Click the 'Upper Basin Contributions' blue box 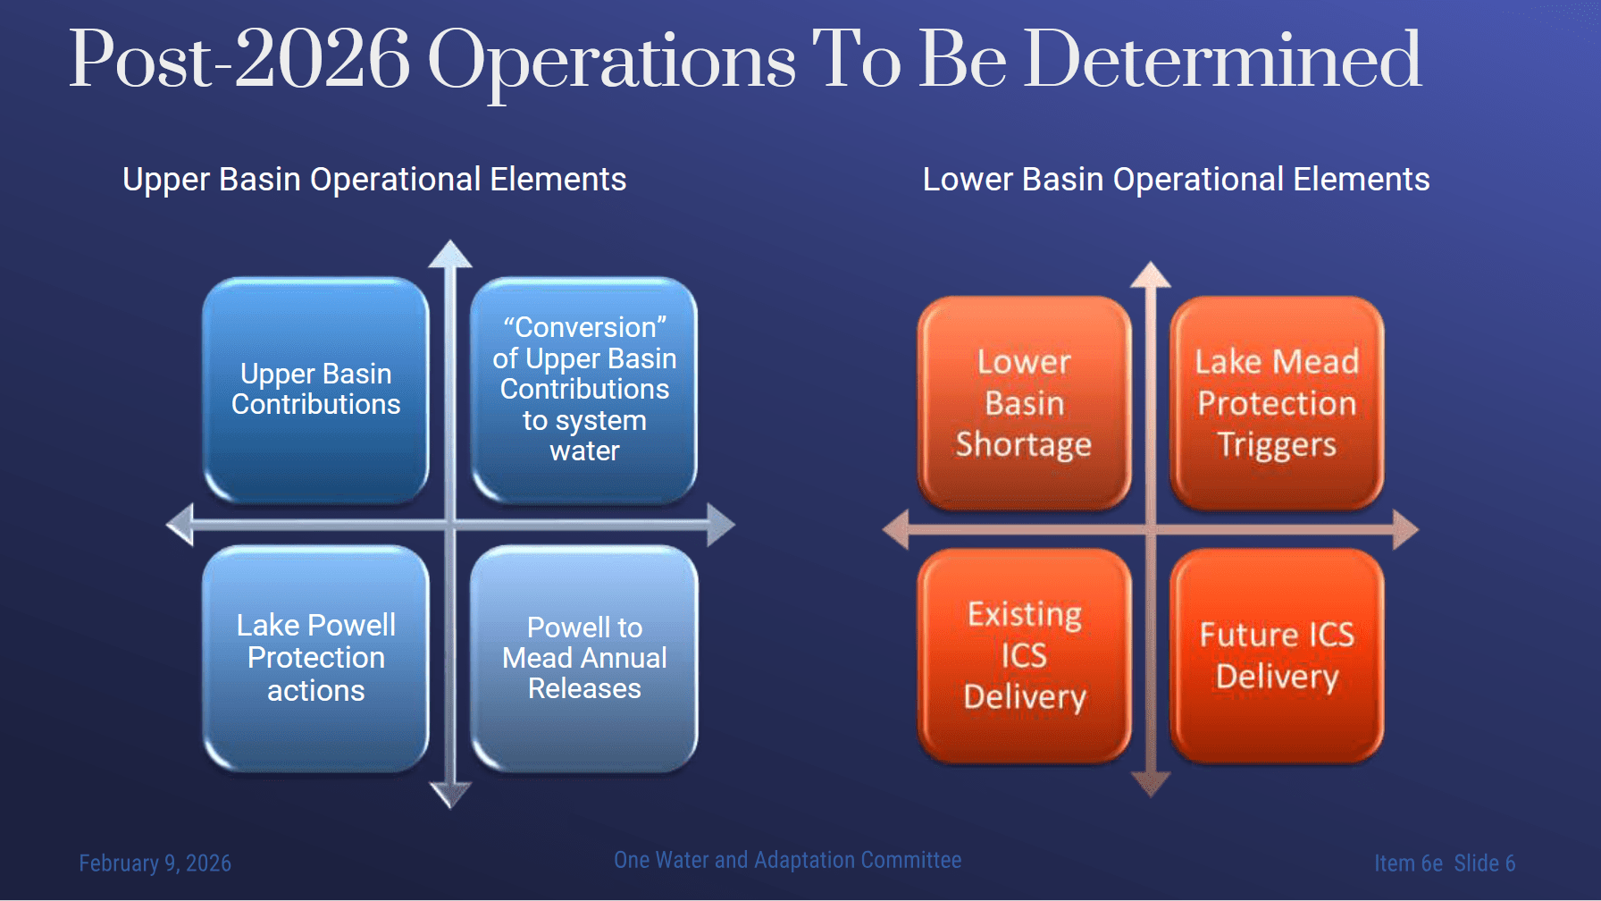pyautogui.click(x=315, y=390)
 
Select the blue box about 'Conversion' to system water pyautogui.click(x=584, y=390)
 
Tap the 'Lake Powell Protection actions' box pyautogui.click(x=315, y=658)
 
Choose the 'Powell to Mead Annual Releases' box pyautogui.click(x=584, y=658)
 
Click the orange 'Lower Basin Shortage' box pyautogui.click(x=1024, y=403)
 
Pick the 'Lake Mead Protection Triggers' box pyautogui.click(x=1277, y=403)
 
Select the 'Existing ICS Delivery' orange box pyautogui.click(x=1024, y=655)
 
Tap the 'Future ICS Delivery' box pyautogui.click(x=1277, y=655)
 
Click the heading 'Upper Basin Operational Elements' pyautogui.click(x=374, y=180)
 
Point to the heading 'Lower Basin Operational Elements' pyautogui.click(x=1176, y=180)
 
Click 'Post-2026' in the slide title pyautogui.click(x=239, y=60)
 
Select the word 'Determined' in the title pyautogui.click(x=1222, y=60)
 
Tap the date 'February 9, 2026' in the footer pyautogui.click(x=155, y=863)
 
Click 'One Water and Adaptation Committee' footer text pyautogui.click(x=787, y=860)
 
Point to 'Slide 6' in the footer pyautogui.click(x=1484, y=863)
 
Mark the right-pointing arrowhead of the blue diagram pyautogui.click(x=721, y=525)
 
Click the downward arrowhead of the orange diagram pyautogui.click(x=1151, y=784)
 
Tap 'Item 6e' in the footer pyautogui.click(x=1408, y=863)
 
